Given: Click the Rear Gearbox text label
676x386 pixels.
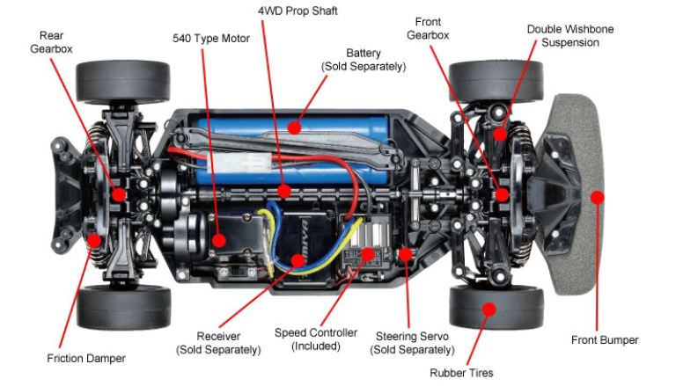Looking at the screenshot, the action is click(51, 42).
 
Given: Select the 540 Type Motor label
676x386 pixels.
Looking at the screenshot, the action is click(211, 39).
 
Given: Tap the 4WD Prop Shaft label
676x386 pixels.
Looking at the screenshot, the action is click(298, 11).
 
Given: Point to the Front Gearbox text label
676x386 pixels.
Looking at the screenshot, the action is click(428, 28).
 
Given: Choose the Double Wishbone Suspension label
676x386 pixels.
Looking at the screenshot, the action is click(570, 36).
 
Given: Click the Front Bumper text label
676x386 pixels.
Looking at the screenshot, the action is click(605, 340).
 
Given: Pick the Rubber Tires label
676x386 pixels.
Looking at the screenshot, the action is click(461, 373).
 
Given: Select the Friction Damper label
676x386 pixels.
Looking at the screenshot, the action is click(86, 358).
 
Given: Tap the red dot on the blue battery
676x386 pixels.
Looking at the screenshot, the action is click(295, 127).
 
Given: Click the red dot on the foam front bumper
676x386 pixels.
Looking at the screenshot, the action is click(597, 197).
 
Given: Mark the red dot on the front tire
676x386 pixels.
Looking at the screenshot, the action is click(489, 309).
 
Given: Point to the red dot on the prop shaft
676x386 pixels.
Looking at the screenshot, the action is click(283, 191).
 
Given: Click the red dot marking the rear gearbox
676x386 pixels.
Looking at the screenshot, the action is click(119, 194).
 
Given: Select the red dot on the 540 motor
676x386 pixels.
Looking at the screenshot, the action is click(219, 240).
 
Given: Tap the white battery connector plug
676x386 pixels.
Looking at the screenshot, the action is click(239, 163).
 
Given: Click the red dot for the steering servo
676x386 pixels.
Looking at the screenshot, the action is click(405, 254).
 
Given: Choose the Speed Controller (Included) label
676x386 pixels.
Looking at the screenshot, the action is click(316, 339).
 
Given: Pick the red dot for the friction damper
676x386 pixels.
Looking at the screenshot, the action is click(94, 240).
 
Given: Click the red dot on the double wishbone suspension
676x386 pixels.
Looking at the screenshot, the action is click(500, 134).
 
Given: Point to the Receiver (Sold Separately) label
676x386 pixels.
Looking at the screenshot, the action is click(218, 343).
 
